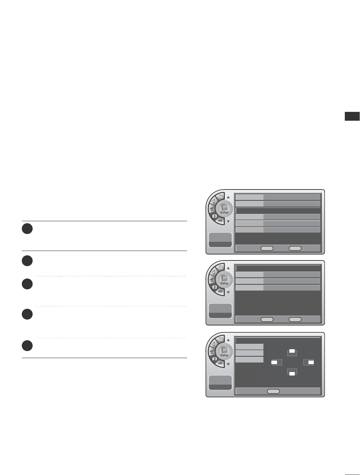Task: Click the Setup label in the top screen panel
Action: coord(224,212)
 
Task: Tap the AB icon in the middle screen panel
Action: coord(220,292)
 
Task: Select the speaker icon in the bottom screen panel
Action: coord(214,343)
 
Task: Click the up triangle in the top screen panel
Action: coord(228,197)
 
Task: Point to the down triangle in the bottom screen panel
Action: coord(228,364)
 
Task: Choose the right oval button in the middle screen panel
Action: coord(295,319)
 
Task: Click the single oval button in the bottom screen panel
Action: coord(273,391)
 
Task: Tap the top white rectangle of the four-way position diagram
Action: coord(292,351)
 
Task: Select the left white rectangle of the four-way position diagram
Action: coord(275,362)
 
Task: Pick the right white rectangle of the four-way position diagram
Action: coord(311,362)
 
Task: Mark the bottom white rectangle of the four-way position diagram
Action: coord(292,374)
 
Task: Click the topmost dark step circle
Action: coord(28,229)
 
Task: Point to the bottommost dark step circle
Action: coord(28,345)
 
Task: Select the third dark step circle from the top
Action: coord(28,284)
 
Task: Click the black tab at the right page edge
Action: coord(352,116)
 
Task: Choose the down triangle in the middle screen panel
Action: coord(228,293)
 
